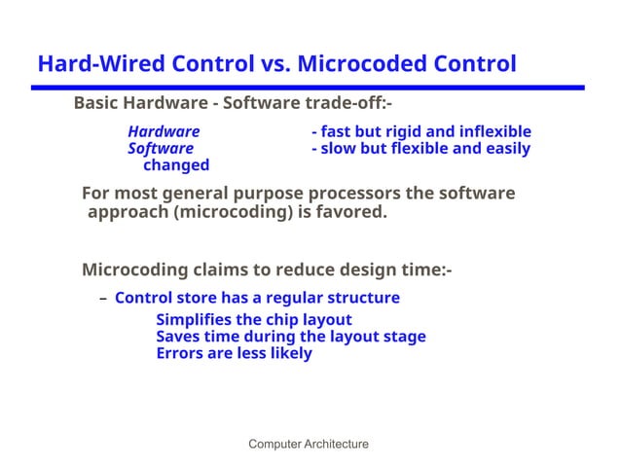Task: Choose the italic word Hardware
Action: pyautogui.click(x=164, y=131)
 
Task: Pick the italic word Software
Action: pyautogui.click(x=161, y=149)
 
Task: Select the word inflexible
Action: pyautogui.click(x=497, y=131)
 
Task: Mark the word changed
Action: pyautogui.click(x=176, y=165)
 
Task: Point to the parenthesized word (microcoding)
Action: pyautogui.click(x=234, y=211)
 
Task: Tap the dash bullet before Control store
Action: pyautogui.click(x=103, y=299)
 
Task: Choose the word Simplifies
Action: pyautogui.click(x=195, y=320)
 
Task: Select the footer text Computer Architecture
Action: pyautogui.click(x=309, y=445)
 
